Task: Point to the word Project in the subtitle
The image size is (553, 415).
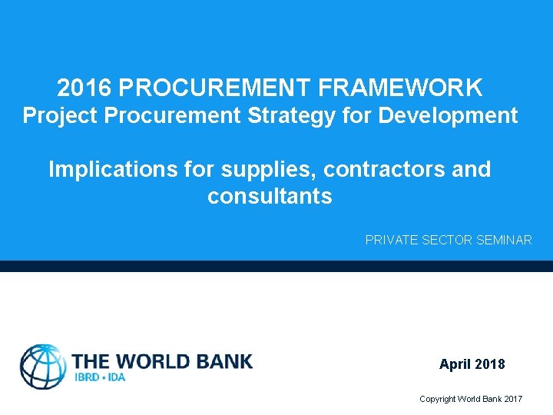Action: pyautogui.click(x=61, y=116)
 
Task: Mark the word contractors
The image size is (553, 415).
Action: pyautogui.click(x=384, y=169)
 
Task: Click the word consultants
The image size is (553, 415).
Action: pyautogui.click(x=270, y=197)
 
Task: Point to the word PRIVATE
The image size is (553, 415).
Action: pyautogui.click(x=389, y=241)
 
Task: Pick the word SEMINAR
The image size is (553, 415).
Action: pyautogui.click(x=504, y=241)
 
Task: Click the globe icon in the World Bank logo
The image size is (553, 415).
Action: pyautogui.click(x=43, y=366)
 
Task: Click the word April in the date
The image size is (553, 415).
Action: pyautogui.click(x=455, y=364)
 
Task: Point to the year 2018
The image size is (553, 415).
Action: pyautogui.click(x=490, y=364)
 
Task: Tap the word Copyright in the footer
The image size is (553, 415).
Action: pyautogui.click(x=437, y=399)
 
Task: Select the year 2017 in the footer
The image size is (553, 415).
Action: pyautogui.click(x=512, y=399)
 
